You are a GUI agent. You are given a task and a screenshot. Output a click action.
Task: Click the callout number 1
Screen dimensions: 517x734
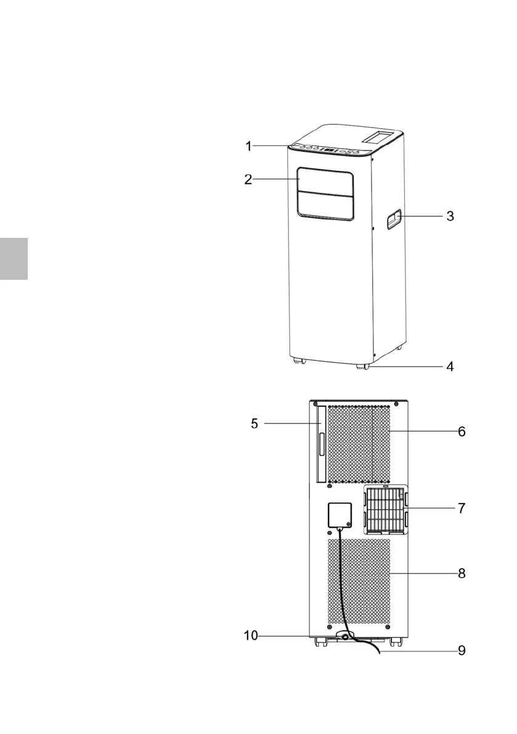click(x=248, y=146)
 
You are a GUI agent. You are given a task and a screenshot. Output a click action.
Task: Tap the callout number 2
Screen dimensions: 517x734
click(x=248, y=180)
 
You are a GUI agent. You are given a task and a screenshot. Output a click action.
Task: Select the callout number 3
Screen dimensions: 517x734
click(x=450, y=216)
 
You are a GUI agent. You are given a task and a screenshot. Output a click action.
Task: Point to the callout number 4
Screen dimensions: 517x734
click(x=450, y=367)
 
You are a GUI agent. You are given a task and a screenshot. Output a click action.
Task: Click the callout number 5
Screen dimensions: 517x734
click(x=254, y=424)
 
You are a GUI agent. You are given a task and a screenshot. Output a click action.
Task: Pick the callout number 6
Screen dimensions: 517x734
click(x=462, y=432)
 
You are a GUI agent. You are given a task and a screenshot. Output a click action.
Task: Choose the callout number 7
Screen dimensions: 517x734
click(x=462, y=508)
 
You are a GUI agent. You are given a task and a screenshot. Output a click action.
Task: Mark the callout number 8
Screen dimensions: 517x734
click(x=462, y=574)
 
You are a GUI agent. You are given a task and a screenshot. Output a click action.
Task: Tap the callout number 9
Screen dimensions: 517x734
click(x=462, y=651)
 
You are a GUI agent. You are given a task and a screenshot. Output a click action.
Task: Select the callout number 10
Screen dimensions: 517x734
click(x=251, y=636)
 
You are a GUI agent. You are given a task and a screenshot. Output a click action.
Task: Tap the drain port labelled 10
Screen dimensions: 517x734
click(x=344, y=635)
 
